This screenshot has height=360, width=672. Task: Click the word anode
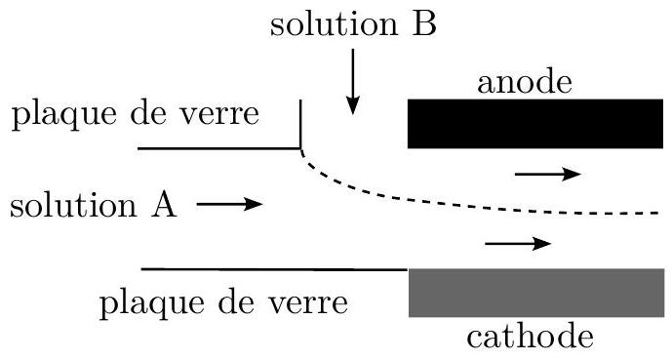[525, 83]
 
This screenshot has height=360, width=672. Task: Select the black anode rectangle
[535, 124]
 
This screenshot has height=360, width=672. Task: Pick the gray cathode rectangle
[536, 293]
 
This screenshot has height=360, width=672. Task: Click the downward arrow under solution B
[353, 81]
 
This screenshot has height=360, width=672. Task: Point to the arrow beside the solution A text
[230, 205]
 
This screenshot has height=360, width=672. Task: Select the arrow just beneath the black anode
[548, 174]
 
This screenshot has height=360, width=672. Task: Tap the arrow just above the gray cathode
[518, 244]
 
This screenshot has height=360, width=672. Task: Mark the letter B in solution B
[423, 24]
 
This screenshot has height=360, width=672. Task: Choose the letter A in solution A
[163, 206]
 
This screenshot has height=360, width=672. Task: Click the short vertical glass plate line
[300, 124]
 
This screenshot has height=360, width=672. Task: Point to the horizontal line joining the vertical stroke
[219, 148]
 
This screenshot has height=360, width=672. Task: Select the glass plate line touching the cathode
[274, 269]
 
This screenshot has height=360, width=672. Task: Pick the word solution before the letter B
[335, 24]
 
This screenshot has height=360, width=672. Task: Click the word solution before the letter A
[73, 206]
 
